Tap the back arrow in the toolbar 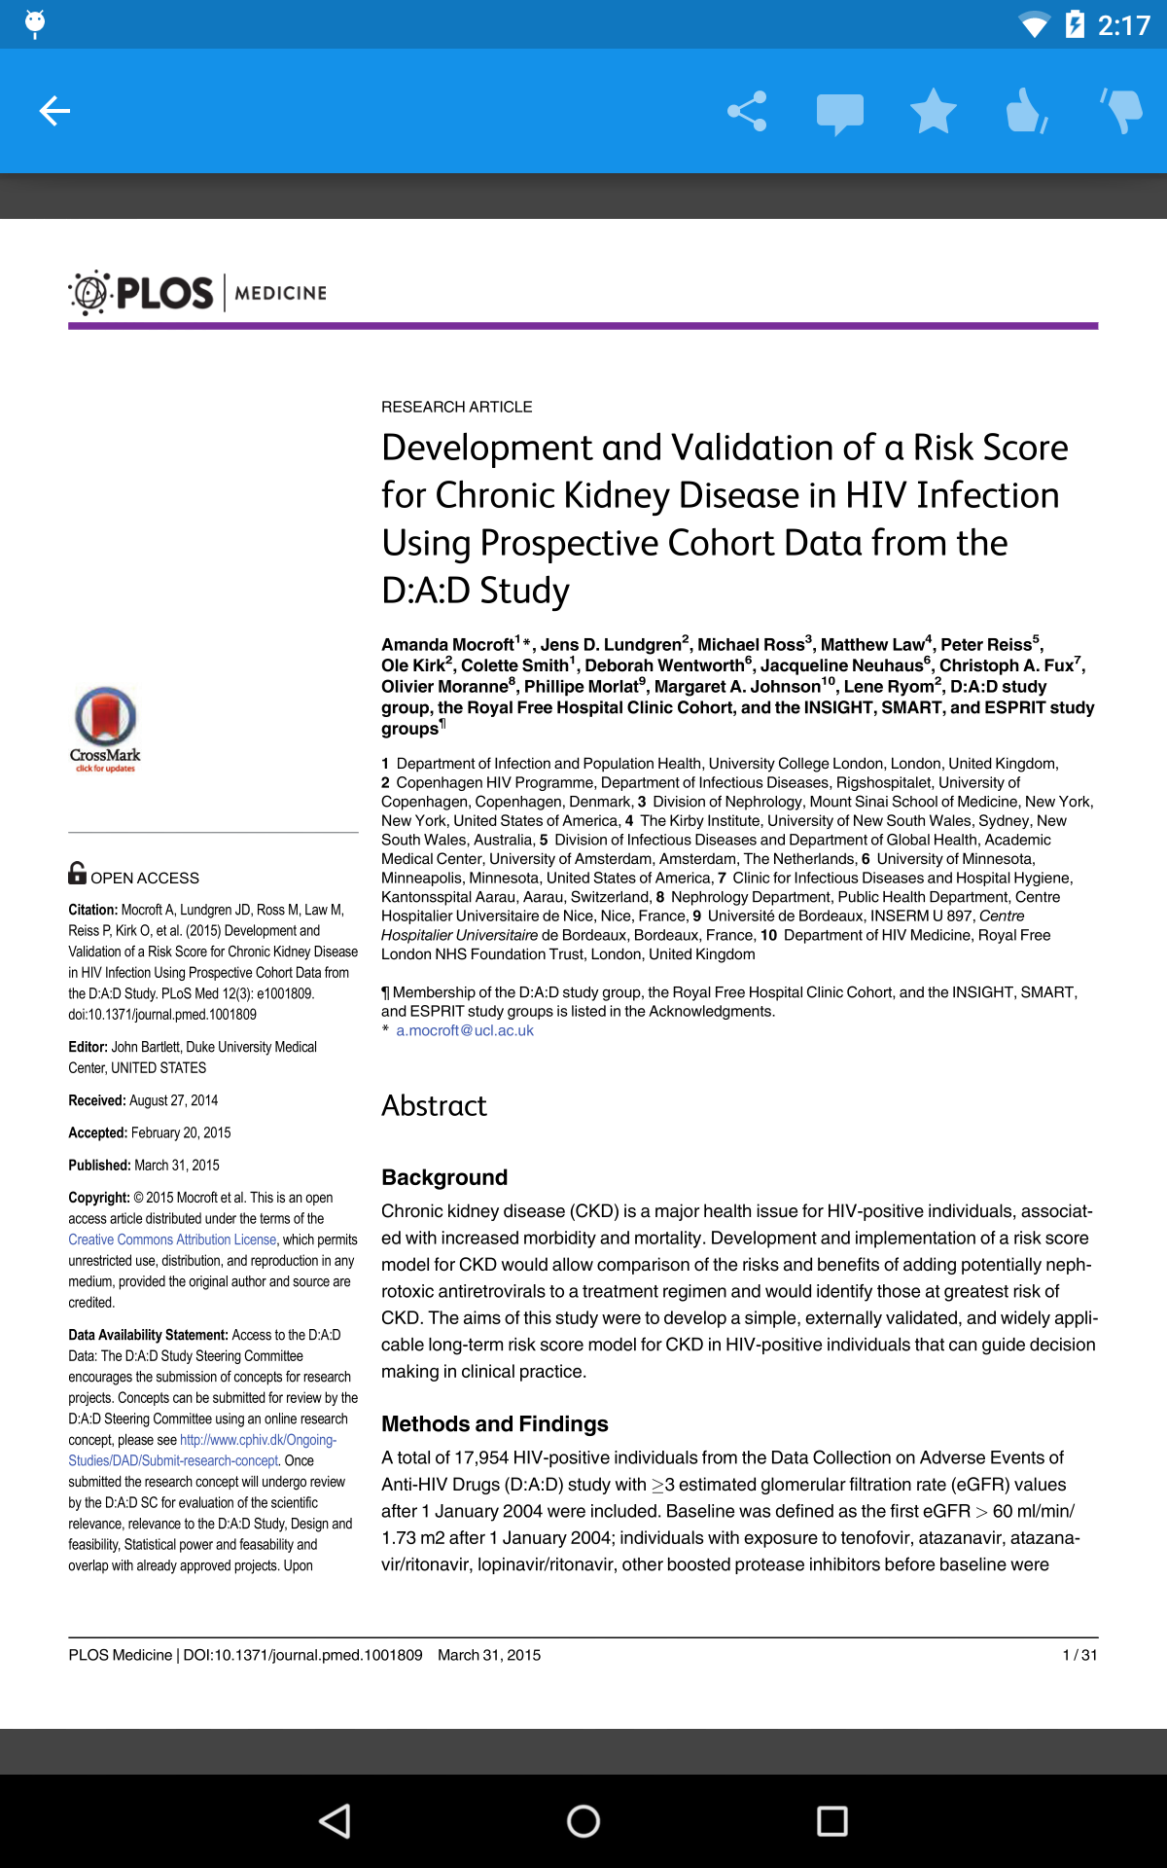[54, 111]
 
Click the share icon [747, 111]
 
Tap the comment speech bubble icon [839, 113]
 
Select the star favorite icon [933, 111]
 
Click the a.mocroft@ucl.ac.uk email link [465, 1030]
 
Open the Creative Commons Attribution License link [172, 1239]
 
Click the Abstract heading [434, 1105]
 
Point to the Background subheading [444, 1177]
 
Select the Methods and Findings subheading [494, 1423]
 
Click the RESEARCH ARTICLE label [456, 407]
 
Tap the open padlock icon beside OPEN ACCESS [77, 873]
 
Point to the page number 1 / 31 [1079, 1655]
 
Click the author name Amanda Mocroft [447, 645]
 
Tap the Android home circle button [583, 1820]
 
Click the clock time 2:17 [1123, 24]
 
